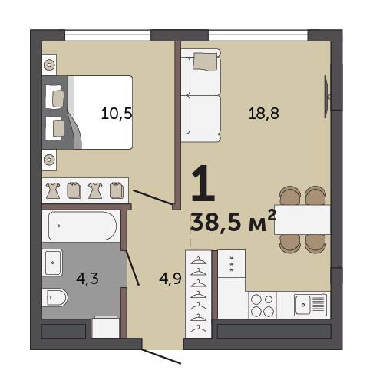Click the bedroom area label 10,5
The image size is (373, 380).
[117, 114]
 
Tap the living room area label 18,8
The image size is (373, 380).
[263, 114]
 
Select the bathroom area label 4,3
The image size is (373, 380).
[87, 279]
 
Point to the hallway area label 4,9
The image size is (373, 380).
[170, 279]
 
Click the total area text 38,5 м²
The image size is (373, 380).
[233, 220]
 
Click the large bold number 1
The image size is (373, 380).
[203, 183]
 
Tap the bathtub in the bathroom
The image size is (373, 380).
[82, 226]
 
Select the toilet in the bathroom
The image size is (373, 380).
[54, 297]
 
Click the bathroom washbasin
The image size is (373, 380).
[52, 263]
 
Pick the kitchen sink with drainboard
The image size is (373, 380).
[310, 305]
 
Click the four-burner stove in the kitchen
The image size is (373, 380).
[262, 305]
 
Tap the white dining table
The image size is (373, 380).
[302, 220]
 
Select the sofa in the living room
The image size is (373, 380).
[200, 95]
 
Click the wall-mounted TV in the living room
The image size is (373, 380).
[327, 97]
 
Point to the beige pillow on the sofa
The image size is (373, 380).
[205, 61]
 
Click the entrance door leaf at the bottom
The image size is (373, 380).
[161, 356]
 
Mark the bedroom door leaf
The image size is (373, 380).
[153, 197]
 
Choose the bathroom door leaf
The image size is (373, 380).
[132, 268]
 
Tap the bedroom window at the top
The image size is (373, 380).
[107, 35]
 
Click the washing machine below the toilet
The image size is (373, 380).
[105, 328]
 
